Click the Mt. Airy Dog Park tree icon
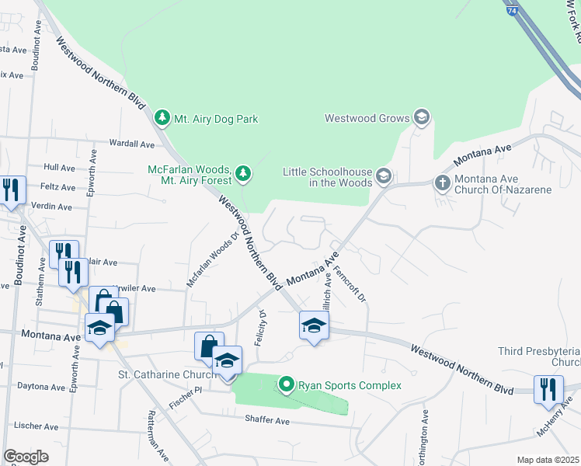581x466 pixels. click(x=162, y=119)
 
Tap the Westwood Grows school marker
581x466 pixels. click(x=422, y=118)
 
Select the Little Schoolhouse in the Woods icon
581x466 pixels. click(x=383, y=176)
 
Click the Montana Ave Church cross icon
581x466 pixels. click(x=441, y=183)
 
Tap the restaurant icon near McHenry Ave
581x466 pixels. click(x=549, y=388)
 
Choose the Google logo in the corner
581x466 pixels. click(x=26, y=457)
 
